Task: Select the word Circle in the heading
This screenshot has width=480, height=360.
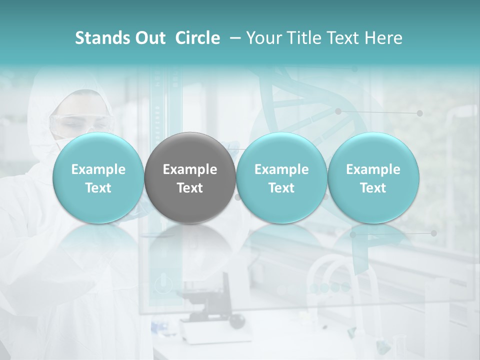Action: click(x=197, y=38)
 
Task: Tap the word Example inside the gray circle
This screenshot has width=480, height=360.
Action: click(x=190, y=169)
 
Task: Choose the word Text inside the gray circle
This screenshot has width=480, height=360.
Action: click(x=190, y=188)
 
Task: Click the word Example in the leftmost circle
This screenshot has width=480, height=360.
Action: click(x=98, y=169)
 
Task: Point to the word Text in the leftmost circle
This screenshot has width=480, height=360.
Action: click(x=98, y=188)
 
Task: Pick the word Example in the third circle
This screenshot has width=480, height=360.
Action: click(x=281, y=169)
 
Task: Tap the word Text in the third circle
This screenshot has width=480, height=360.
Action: click(x=281, y=188)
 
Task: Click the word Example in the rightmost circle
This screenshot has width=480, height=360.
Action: click(x=373, y=169)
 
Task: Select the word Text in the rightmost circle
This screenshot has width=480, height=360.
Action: click(x=373, y=188)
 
